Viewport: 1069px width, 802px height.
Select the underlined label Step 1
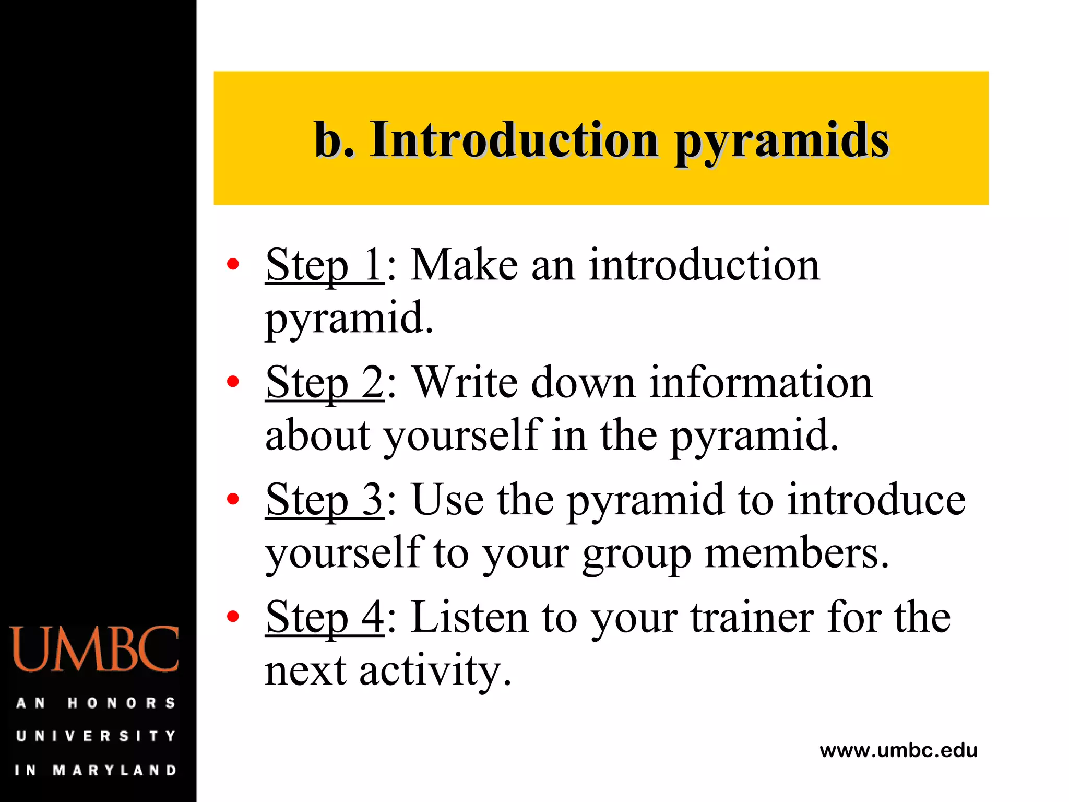(324, 265)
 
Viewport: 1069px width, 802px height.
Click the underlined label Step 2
(324, 383)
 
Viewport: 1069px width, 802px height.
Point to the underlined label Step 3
(324, 500)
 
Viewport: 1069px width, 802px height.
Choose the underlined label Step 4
(324, 617)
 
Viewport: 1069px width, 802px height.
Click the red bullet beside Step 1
(233, 264)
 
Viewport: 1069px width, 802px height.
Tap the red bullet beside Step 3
(233, 499)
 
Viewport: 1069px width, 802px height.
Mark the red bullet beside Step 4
(233, 616)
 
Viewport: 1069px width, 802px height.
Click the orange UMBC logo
(94, 650)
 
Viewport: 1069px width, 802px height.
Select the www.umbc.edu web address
(898, 750)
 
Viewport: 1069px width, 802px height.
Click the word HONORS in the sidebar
(121, 703)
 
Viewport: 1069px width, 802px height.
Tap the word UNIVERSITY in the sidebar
(96, 736)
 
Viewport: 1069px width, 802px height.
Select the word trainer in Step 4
(752, 617)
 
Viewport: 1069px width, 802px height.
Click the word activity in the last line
(435, 670)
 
